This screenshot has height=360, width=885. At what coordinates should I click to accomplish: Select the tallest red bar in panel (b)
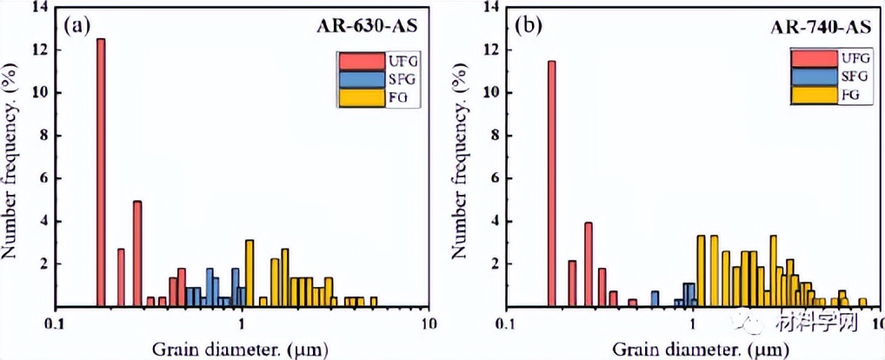point(551,183)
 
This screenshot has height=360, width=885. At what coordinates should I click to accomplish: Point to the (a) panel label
point(77,25)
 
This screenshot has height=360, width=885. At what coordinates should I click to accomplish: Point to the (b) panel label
point(528,25)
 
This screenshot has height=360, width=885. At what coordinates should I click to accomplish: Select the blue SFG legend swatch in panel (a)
point(359,80)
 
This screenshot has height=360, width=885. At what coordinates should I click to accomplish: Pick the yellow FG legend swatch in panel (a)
point(359,99)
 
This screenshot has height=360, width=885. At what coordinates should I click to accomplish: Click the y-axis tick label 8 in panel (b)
point(494,135)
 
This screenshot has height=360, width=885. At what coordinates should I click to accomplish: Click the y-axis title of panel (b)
point(464,157)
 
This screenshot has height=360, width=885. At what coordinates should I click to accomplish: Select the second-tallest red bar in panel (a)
point(137,253)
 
